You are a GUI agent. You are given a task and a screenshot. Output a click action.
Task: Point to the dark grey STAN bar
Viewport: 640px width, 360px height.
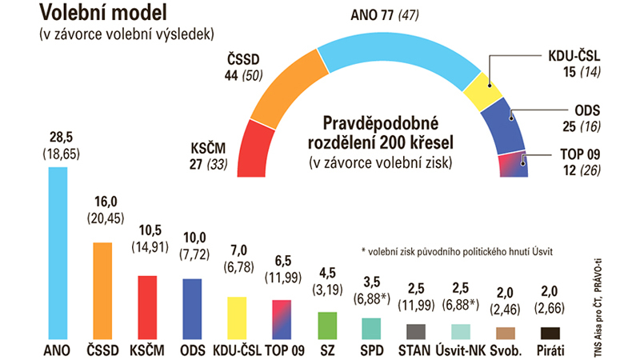click(416, 331)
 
